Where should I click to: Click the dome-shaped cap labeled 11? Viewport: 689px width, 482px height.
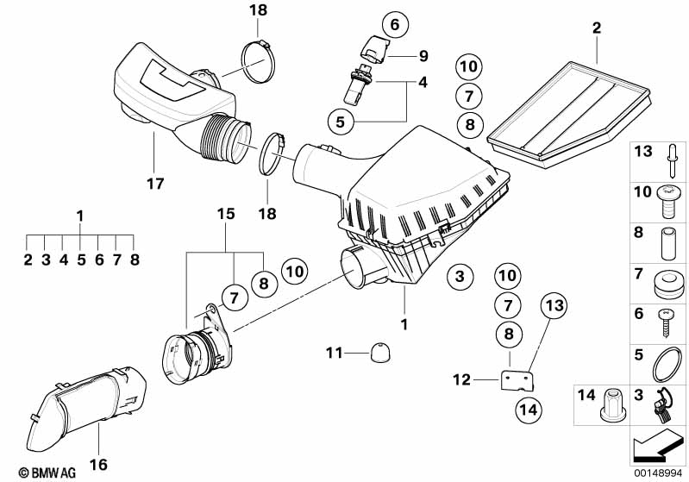point(380,354)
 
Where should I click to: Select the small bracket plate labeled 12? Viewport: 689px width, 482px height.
point(517,381)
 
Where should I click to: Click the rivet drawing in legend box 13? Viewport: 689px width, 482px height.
point(673,159)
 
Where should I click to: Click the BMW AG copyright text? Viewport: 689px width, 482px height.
point(47,473)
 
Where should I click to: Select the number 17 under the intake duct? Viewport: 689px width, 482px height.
point(155,183)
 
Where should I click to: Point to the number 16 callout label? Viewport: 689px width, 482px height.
point(98,464)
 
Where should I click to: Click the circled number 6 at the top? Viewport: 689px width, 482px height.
point(395,24)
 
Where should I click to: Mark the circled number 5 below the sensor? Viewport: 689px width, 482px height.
point(341,122)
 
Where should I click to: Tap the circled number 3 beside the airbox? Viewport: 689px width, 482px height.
point(460,277)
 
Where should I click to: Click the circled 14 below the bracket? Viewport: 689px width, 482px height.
point(529,410)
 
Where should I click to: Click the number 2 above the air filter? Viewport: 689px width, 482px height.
point(596,28)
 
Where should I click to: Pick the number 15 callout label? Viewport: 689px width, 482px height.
point(226,214)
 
